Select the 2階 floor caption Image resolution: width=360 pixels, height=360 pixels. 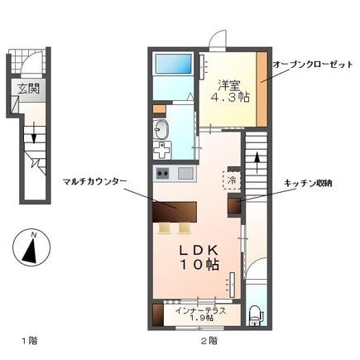pos(208,340)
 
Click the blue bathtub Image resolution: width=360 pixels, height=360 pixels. pos(174,63)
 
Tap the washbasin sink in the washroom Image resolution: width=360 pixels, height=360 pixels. pos(161,128)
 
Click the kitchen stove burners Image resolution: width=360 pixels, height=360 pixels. pos(162,173)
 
